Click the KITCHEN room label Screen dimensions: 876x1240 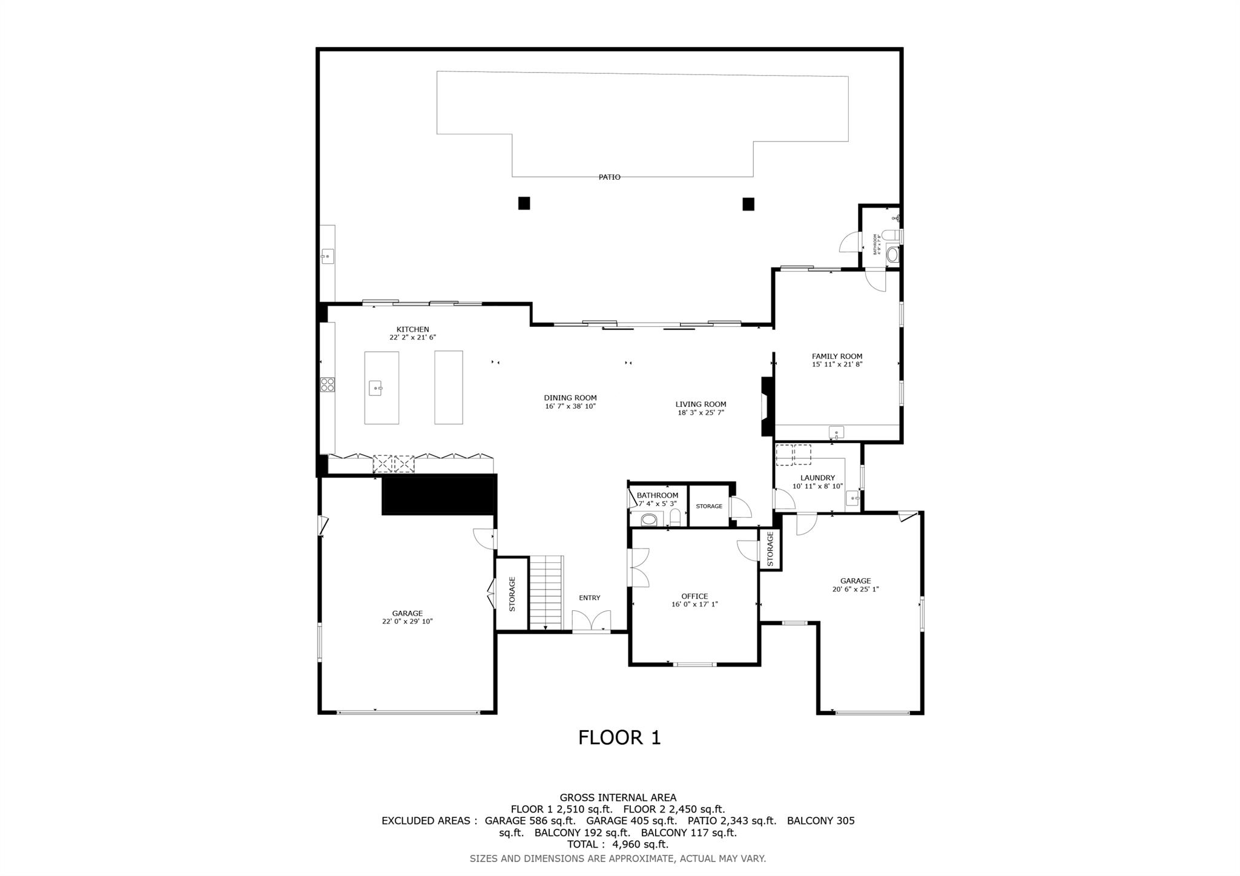tap(412, 330)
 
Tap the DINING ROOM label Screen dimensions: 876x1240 tap(570, 398)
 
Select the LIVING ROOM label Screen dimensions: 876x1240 tap(701, 404)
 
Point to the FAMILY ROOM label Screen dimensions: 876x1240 tap(837, 357)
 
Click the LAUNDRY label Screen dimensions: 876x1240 tap(817, 478)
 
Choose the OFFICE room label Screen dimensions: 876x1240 tap(694, 596)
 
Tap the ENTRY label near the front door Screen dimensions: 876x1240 tap(589, 598)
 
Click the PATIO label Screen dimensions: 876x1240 tap(609, 177)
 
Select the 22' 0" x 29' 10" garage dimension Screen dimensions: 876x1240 tap(407, 622)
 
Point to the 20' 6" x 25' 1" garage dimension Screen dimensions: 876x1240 tap(855, 589)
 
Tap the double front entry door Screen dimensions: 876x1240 tap(592, 622)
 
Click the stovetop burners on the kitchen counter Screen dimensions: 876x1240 tap(328, 384)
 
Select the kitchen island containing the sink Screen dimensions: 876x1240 tap(381, 387)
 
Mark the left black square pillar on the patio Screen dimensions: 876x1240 tap(524, 203)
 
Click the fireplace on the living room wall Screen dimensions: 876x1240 tap(767, 407)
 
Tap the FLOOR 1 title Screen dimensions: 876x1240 tap(619, 737)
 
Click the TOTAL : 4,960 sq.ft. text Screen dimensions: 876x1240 tap(618, 845)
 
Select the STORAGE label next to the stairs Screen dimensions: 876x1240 tap(512, 594)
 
